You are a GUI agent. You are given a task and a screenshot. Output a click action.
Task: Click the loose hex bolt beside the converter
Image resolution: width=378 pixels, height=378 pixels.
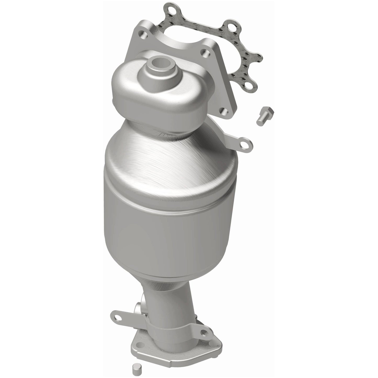[x=264, y=116]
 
